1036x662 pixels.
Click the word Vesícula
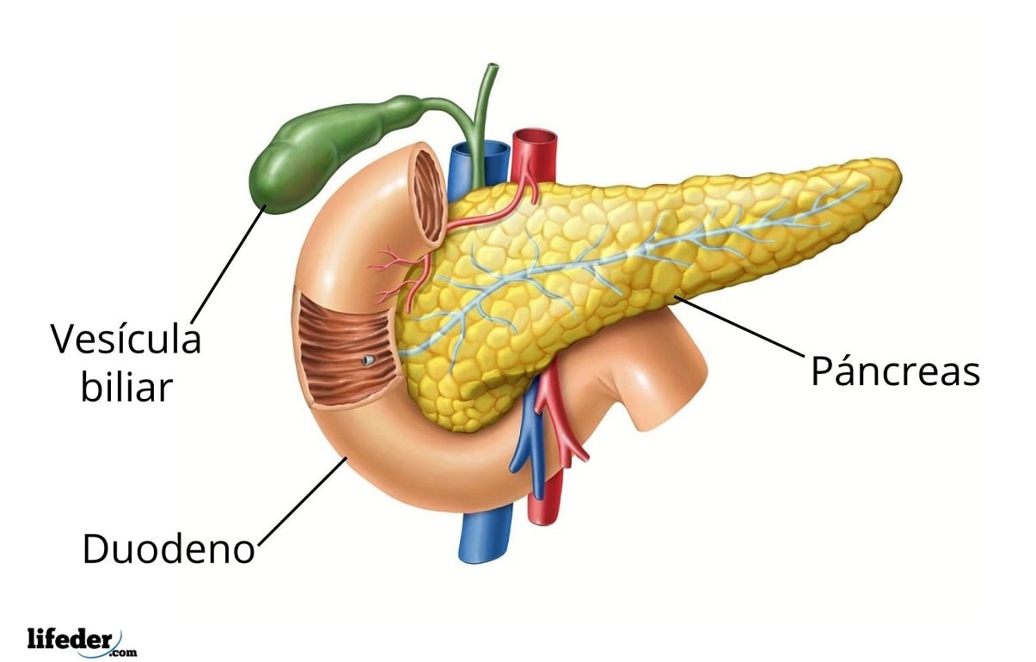pyautogui.click(x=126, y=339)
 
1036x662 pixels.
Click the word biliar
pyautogui.click(x=126, y=388)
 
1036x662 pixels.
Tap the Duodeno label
pyautogui.click(x=169, y=549)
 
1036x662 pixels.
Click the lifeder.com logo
pyautogui.click(x=82, y=641)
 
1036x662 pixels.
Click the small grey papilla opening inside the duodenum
pyautogui.click(x=369, y=359)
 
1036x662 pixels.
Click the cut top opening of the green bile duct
pyautogui.click(x=493, y=65)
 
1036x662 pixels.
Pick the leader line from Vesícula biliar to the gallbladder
pyautogui.click(x=229, y=264)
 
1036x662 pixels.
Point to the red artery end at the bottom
pyautogui.click(x=545, y=519)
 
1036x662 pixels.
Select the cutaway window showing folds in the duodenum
pyautogui.click(x=346, y=350)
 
